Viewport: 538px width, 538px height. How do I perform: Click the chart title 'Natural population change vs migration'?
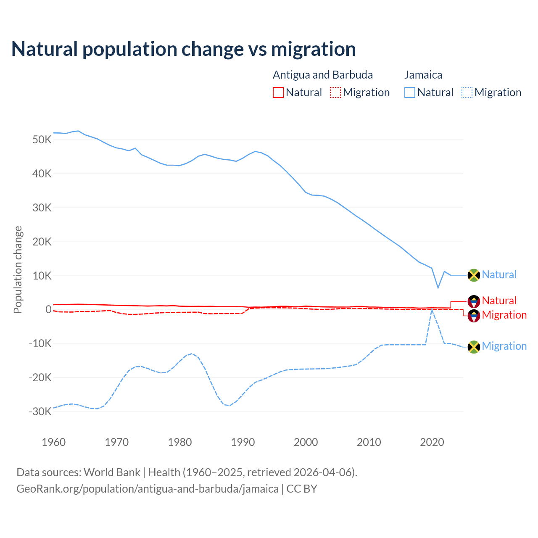184,49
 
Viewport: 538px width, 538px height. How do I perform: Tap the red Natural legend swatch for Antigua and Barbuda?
278,92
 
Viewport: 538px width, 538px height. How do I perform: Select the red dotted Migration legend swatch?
335,92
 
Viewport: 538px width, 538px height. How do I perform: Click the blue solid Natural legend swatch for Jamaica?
410,92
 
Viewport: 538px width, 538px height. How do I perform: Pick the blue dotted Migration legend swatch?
467,92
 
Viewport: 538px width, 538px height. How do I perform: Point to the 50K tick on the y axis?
42,140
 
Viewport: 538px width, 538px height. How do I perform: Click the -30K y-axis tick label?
40,411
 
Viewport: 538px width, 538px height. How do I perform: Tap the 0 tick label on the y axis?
48,310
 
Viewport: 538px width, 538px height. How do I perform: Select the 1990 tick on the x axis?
243,442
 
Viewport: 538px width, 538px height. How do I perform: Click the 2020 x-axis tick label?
432,442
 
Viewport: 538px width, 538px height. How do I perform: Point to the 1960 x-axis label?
54,442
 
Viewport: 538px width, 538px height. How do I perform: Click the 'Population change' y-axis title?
18,269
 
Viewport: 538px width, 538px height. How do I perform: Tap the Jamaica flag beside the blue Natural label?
474,275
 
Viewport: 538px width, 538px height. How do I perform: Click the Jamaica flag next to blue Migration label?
474,347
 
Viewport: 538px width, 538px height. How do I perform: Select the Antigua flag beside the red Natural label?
474,301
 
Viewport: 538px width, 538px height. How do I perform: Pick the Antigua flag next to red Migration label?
474,316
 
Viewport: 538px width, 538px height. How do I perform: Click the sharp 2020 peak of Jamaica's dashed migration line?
432,309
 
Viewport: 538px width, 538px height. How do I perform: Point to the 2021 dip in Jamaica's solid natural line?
438,288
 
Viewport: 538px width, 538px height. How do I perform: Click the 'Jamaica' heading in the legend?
423,75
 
